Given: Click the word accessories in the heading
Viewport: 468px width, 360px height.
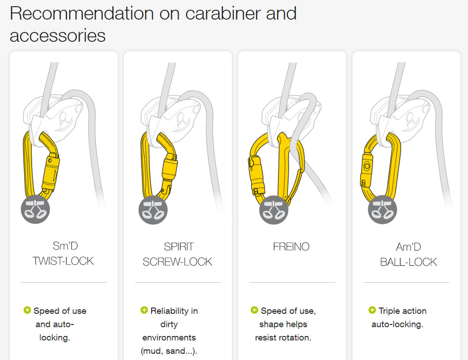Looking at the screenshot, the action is [x=58, y=36].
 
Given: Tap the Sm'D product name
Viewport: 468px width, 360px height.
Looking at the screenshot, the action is [x=65, y=246].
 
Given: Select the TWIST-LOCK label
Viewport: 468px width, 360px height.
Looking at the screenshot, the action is [x=63, y=261].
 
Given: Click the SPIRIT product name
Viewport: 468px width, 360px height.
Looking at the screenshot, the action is [x=179, y=247].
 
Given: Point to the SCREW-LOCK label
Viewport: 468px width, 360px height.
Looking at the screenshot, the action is [x=177, y=262].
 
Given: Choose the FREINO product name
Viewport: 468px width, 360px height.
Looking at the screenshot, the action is [x=291, y=247].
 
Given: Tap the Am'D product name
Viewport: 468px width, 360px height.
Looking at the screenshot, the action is [x=408, y=247].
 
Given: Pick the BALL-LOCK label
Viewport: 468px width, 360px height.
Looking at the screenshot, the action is [x=408, y=262].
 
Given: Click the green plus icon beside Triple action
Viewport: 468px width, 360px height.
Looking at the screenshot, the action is [x=372, y=310].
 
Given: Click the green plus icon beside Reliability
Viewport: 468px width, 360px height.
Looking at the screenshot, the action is [x=144, y=310].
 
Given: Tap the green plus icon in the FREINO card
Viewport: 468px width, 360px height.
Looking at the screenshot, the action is [x=254, y=310].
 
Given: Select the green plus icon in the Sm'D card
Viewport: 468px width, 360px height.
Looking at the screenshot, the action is [x=27, y=310].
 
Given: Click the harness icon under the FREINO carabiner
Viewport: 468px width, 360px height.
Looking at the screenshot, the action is [x=274, y=210].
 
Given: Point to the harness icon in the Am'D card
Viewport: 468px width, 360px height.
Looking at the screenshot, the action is [x=383, y=210].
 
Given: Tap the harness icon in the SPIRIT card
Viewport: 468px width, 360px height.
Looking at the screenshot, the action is [x=153, y=210].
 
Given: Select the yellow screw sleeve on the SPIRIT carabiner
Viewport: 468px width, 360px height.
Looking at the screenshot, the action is [x=170, y=169].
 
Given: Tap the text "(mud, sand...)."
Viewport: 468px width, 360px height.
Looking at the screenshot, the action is [x=169, y=351].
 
